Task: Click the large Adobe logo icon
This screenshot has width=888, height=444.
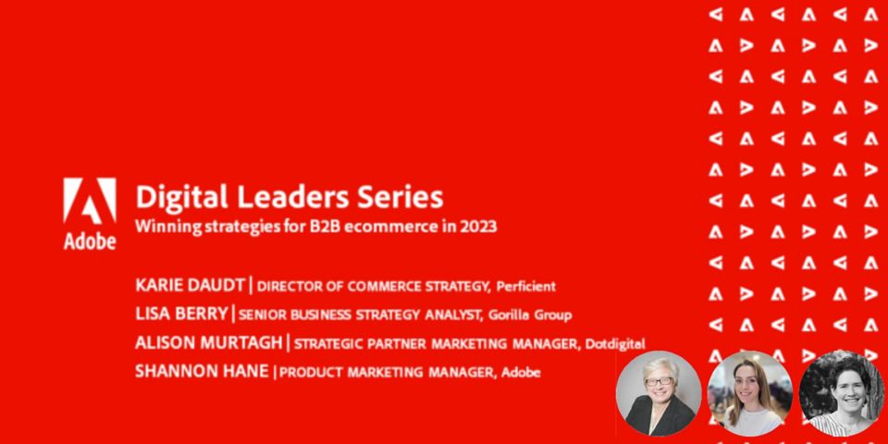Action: pyautogui.click(x=90, y=201)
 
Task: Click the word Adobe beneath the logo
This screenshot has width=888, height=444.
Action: pyautogui.click(x=90, y=240)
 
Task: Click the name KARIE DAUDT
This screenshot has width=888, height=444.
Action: pyautogui.click(x=190, y=286)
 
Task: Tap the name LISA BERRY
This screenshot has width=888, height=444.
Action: pyautogui.click(x=181, y=314)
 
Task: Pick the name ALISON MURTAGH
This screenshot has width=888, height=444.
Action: pyautogui.click(x=208, y=342)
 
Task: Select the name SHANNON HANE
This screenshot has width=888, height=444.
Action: pyautogui.click(x=202, y=371)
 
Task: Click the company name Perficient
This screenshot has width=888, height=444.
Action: pyautogui.click(x=525, y=287)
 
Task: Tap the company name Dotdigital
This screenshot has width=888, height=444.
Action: pyautogui.click(x=615, y=344)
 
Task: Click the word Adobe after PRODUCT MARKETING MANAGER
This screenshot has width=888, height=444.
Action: pyautogui.click(x=521, y=373)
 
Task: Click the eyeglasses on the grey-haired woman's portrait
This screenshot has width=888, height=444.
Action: pyautogui.click(x=659, y=380)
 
